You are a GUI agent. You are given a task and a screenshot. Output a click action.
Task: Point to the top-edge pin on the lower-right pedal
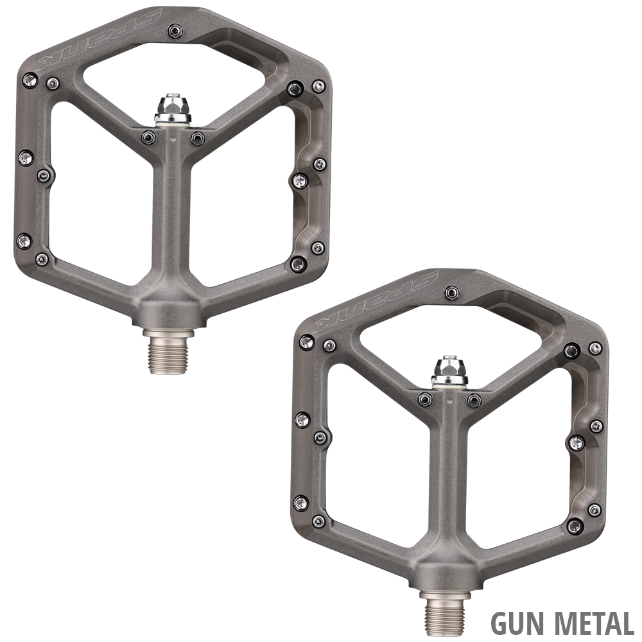point(451,292)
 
